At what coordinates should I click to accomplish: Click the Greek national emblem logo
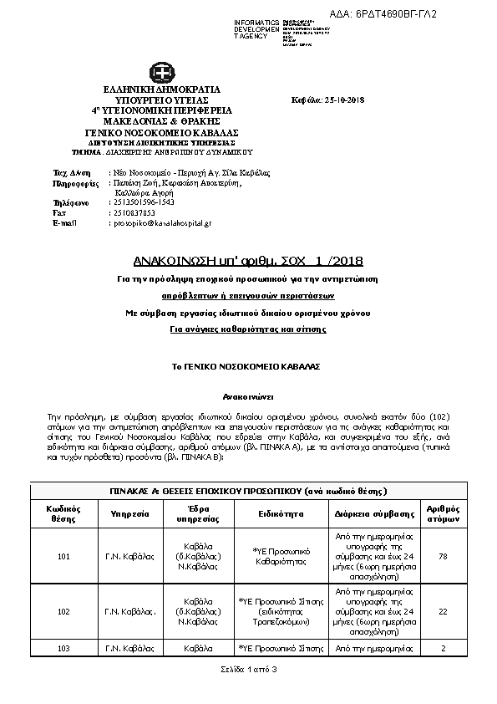(x=161, y=73)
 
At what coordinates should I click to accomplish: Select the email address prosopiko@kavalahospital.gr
(x=162, y=223)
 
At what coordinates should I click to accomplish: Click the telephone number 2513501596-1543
(x=143, y=202)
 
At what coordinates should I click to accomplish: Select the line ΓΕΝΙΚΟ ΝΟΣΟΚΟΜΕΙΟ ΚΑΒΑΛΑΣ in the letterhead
(x=162, y=132)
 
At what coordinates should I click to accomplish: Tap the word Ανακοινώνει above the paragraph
(x=247, y=394)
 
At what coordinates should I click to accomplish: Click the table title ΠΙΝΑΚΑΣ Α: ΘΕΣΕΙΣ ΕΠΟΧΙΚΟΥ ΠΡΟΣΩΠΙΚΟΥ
(x=248, y=490)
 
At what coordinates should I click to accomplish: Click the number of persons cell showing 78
(x=444, y=557)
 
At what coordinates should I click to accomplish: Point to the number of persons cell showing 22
(x=444, y=612)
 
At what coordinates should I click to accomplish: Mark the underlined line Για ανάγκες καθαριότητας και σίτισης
(x=247, y=330)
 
